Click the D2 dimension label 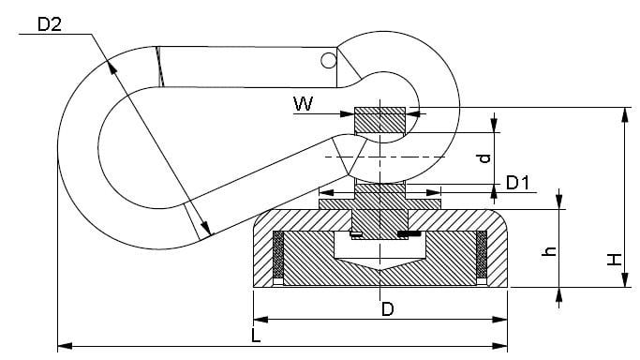49,24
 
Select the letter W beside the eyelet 303,104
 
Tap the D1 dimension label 519,182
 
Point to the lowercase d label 484,157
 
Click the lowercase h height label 551,250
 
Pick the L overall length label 255,335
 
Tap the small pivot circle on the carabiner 327,60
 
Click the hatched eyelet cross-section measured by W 380,120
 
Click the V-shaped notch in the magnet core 380,269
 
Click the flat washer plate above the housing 380,201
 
